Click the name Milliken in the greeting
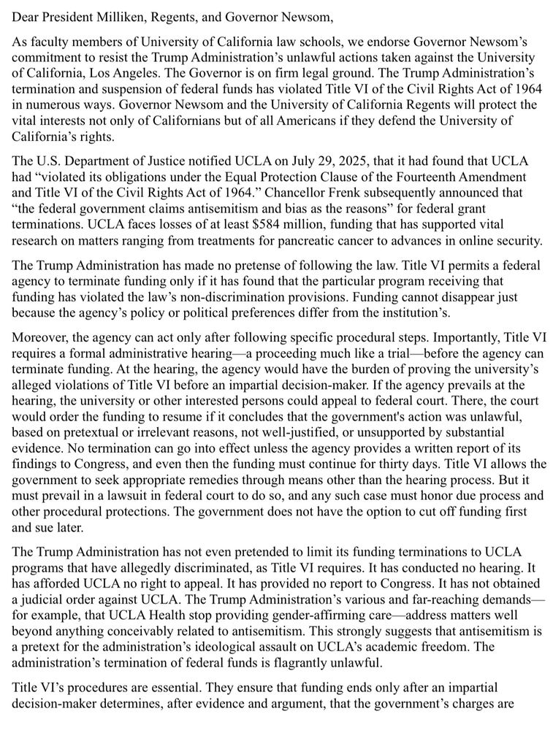pos(123,15)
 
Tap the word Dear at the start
pos(26,15)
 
